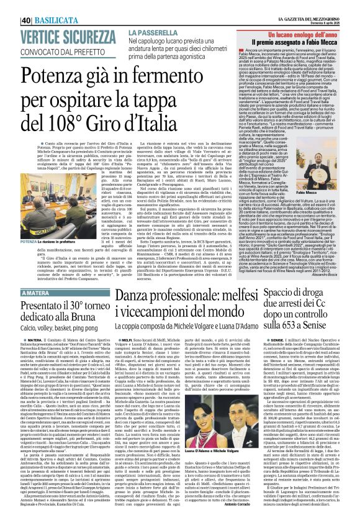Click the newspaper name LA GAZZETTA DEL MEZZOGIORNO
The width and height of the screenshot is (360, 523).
pyautogui.click(x=308, y=4)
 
